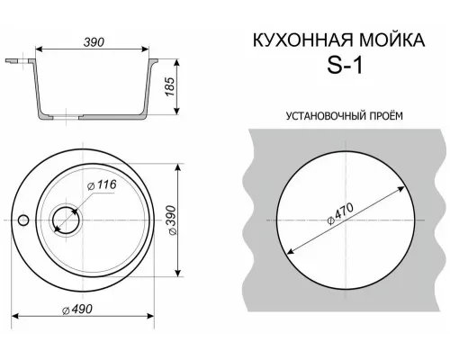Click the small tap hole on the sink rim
pos(26,220)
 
